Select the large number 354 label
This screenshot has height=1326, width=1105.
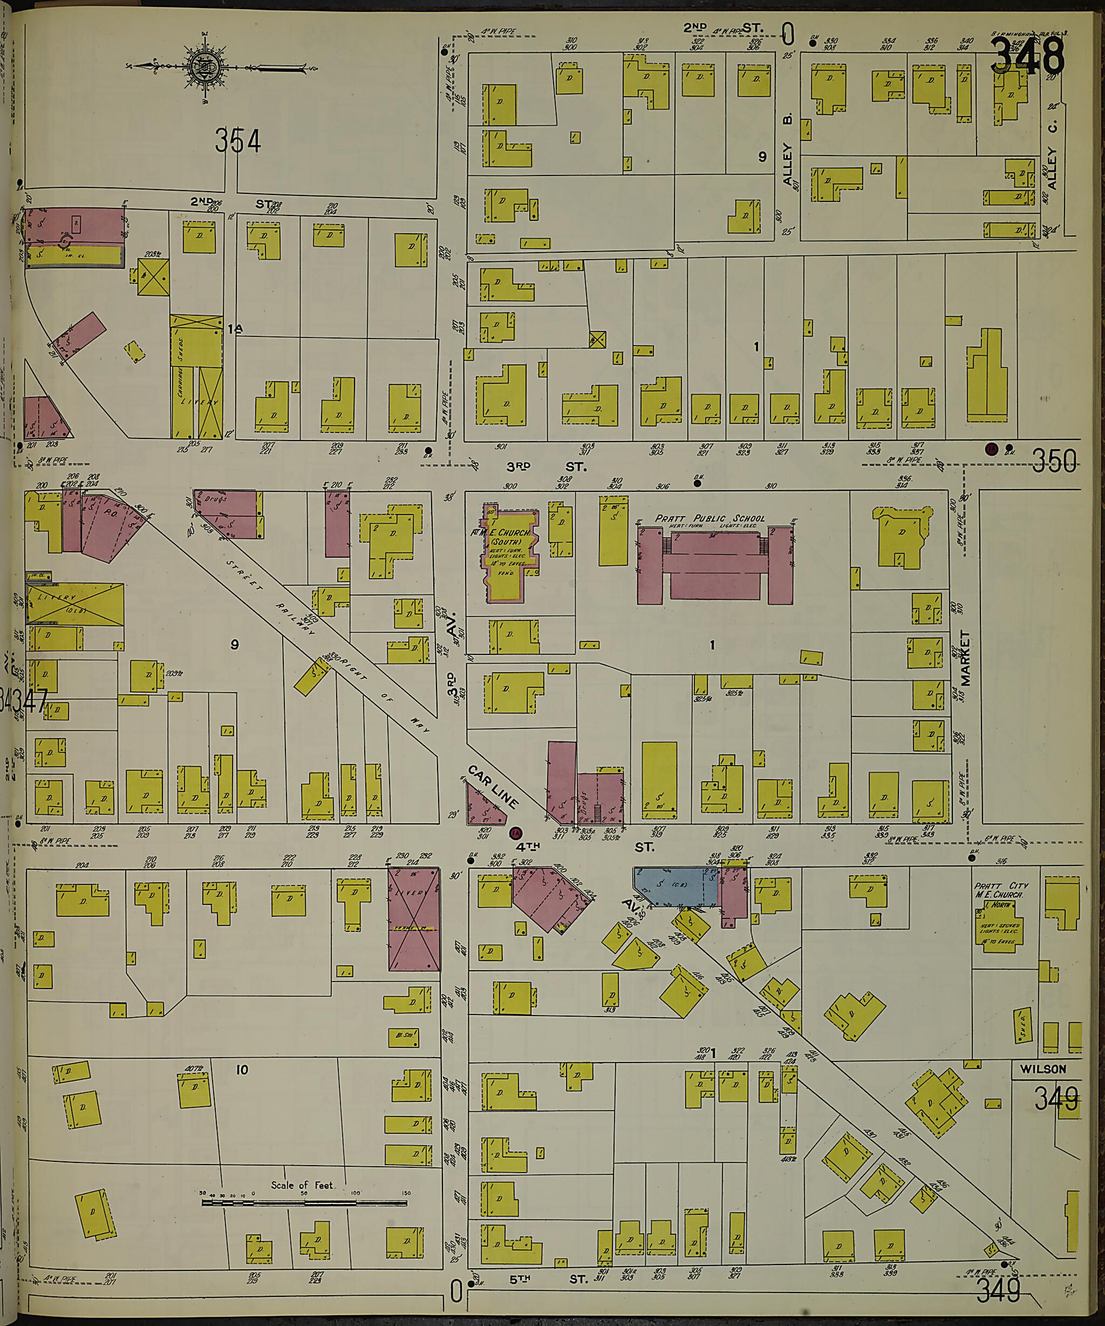pyautogui.click(x=237, y=141)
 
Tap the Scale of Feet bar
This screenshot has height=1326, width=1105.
pyautogui.click(x=305, y=1203)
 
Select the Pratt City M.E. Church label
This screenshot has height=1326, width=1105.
pyautogui.click(x=1001, y=890)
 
